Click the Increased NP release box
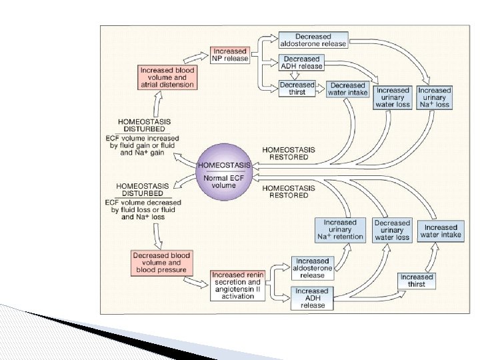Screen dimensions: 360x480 (230, 55)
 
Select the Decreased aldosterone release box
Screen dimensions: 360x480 (313, 40)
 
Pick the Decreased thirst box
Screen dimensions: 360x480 (297, 89)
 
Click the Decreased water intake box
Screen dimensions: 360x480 (347, 89)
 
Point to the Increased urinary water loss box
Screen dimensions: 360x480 (393, 97)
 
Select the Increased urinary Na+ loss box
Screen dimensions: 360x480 (434, 97)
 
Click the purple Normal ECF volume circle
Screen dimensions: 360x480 (224, 171)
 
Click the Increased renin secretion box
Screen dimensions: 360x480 (238, 285)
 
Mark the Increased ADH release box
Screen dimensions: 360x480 (312, 298)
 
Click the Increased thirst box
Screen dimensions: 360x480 (417, 281)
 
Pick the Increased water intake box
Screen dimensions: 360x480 (441, 231)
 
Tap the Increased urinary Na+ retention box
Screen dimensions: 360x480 (340, 229)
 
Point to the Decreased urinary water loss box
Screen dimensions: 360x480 (392, 230)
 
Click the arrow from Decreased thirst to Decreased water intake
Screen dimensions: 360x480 (321, 89)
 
